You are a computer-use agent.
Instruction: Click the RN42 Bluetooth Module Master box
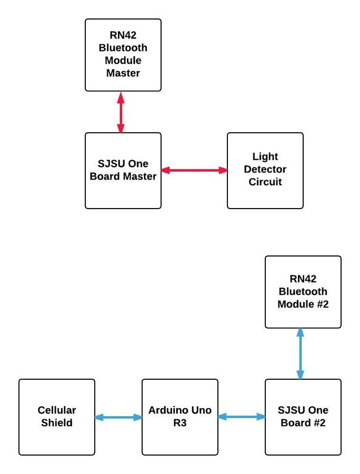pyautogui.click(x=123, y=55)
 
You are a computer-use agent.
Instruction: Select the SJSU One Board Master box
pyautogui.click(x=123, y=171)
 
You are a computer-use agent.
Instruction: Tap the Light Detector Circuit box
pyautogui.click(x=265, y=171)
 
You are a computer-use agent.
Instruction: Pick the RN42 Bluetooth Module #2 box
pyautogui.click(x=303, y=292)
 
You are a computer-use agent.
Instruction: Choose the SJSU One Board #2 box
pyautogui.click(x=303, y=417)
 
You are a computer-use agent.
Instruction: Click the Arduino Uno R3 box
pyautogui.click(x=179, y=417)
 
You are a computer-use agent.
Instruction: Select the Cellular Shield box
pyautogui.click(x=57, y=417)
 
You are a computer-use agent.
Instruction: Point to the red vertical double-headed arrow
pyautogui.click(x=121, y=112)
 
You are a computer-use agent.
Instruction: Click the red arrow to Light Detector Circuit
pyautogui.click(x=194, y=170)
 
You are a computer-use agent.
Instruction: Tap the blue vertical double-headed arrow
pyautogui.click(x=300, y=354)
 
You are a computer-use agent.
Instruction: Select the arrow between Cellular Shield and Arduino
pyautogui.click(x=118, y=417)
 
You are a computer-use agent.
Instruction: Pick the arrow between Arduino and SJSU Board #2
pyautogui.click(x=242, y=417)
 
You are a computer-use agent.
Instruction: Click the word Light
pyautogui.click(x=265, y=156)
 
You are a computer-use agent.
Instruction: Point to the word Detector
pyautogui.click(x=265, y=169)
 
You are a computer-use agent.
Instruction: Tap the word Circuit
pyautogui.click(x=265, y=182)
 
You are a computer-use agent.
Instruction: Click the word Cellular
pyautogui.click(x=57, y=410)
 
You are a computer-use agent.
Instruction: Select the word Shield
pyautogui.click(x=57, y=423)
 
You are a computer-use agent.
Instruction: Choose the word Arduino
pyautogui.click(x=167, y=410)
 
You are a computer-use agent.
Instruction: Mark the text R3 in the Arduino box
pyautogui.click(x=179, y=423)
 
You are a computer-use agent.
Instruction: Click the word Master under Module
pyautogui.click(x=123, y=73)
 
